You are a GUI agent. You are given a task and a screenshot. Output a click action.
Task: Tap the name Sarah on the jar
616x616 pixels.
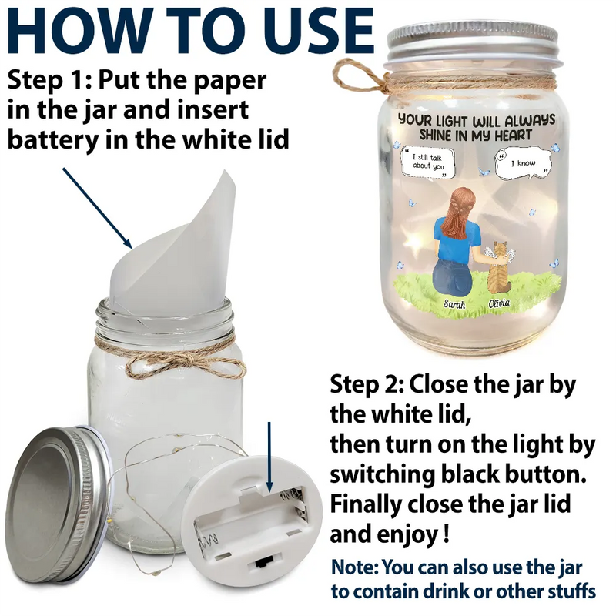point(454,304)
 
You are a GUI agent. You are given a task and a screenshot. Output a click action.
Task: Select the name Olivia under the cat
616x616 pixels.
point(499,303)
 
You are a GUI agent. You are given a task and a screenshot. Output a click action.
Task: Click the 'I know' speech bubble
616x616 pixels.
point(524,163)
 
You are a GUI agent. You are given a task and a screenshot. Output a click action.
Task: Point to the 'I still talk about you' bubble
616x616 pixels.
point(427,162)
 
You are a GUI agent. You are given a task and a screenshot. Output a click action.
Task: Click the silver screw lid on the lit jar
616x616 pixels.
point(472,42)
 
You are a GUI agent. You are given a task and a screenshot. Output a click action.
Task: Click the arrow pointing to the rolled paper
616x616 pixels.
point(98,208)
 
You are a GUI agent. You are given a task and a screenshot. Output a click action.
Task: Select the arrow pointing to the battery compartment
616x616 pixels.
point(269,457)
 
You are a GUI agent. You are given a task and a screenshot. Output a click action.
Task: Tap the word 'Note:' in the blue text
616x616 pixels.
point(355,567)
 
